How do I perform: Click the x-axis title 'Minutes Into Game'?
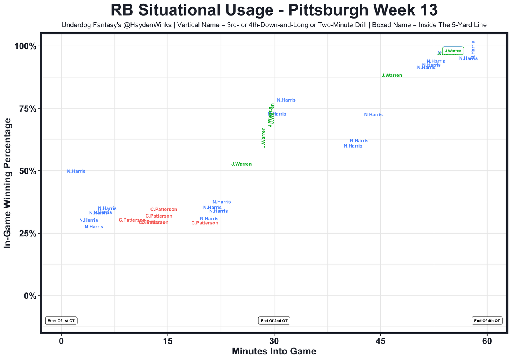click(274, 351)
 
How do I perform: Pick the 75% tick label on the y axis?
click(26, 109)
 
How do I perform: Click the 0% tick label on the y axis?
click(29, 296)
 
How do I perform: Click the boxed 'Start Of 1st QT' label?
click(61, 321)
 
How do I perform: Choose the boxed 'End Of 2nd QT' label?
click(274, 321)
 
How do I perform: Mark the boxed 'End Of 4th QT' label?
click(487, 321)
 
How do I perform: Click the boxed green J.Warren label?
click(453, 51)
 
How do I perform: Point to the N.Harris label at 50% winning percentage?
click(76, 171)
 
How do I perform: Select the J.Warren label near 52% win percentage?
click(242, 164)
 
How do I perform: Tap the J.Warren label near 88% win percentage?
click(392, 75)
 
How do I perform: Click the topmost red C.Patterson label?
click(164, 210)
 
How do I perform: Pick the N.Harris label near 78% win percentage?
click(286, 100)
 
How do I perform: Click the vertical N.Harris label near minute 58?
click(474, 50)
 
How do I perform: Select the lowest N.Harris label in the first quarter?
click(94, 227)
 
